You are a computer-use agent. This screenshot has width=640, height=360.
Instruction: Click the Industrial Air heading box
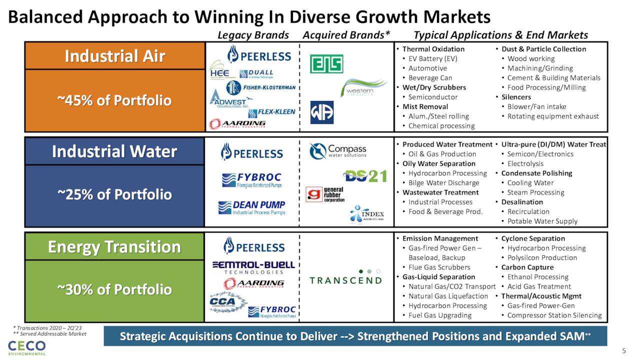tap(114, 56)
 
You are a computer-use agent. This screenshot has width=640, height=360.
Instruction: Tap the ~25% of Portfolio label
tap(114, 194)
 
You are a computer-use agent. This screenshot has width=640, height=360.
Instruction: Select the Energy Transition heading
tap(114, 247)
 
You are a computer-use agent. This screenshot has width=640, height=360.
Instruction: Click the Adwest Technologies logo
tap(228, 100)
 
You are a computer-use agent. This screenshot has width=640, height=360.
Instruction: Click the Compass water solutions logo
tap(337, 151)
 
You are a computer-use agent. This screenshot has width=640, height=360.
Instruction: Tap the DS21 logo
tap(365, 176)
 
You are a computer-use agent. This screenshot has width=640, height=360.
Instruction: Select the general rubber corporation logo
tap(325, 194)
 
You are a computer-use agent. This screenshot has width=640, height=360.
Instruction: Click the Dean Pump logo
tap(252, 207)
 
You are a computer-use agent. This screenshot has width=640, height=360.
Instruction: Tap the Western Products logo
tap(363, 88)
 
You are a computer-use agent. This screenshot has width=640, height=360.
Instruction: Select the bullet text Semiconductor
tap(432, 97)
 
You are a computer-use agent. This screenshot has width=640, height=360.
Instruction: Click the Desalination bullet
tap(522, 202)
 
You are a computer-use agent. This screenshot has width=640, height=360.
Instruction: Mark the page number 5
tap(623, 349)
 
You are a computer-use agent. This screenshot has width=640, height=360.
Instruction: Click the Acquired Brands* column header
tap(346, 35)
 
